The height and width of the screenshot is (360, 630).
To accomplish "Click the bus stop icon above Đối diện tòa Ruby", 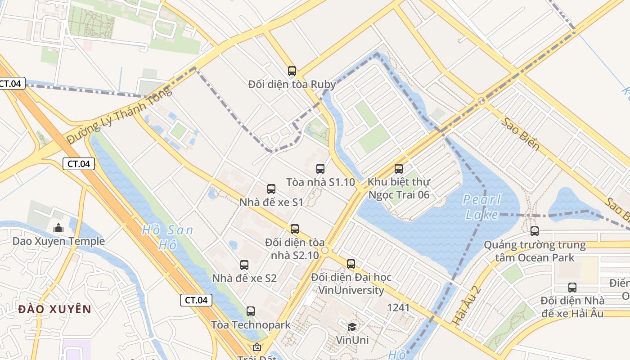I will click(292, 71).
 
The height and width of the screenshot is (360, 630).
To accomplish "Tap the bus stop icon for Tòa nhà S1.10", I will click(320, 169).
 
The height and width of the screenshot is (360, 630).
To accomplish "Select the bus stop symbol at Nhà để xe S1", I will click(271, 189).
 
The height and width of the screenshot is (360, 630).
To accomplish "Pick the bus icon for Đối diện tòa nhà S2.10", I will click(294, 229).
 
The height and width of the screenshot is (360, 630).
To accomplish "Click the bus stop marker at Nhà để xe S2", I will click(244, 265).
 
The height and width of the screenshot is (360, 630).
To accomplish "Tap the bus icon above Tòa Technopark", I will click(250, 311).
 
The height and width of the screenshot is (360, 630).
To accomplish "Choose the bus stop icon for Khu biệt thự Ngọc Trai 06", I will click(398, 169).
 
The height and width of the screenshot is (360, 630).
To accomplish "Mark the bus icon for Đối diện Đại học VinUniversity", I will click(351, 264).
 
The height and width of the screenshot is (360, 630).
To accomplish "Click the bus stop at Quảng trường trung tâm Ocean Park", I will click(534, 231).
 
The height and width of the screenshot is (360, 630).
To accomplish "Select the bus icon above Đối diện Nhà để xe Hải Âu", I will click(572, 287).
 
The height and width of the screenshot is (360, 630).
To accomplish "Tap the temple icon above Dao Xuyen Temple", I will click(58, 228).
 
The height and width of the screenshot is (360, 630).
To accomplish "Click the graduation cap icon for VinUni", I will click(352, 327).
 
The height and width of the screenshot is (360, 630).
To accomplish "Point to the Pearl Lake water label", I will click(481, 207).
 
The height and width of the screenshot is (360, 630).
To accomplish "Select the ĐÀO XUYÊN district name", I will click(55, 309).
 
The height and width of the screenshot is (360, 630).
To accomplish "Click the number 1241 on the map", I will click(398, 307).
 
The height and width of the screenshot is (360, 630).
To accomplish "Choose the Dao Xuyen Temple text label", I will click(58, 241).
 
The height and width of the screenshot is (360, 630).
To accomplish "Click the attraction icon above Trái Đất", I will click(256, 347).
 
